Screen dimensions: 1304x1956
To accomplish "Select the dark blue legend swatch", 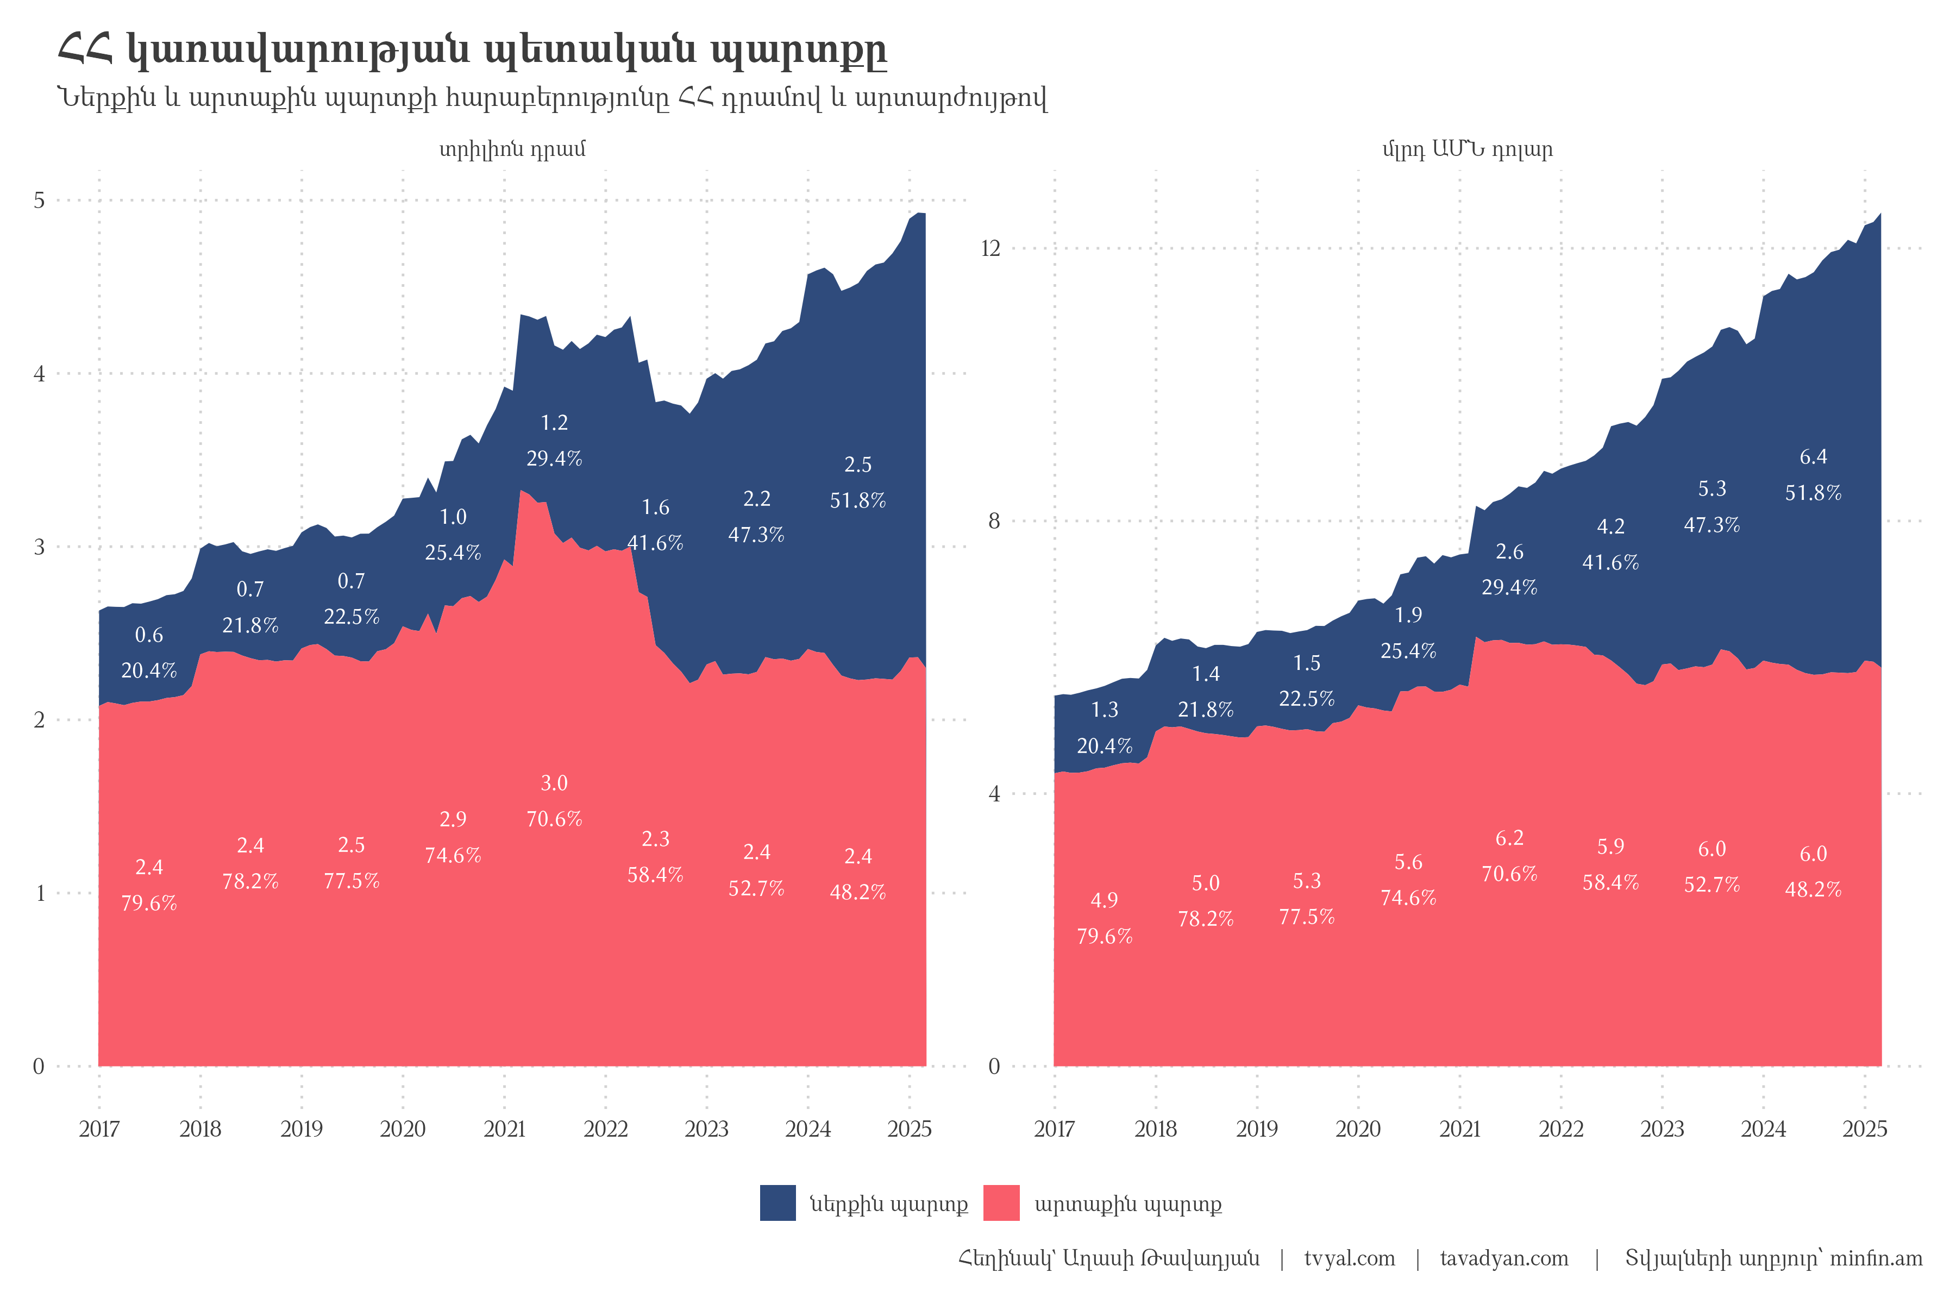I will pos(778,1203).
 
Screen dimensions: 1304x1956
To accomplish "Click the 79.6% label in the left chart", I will pos(149,903).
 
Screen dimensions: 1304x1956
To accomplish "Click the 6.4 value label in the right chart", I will pos(1813,456).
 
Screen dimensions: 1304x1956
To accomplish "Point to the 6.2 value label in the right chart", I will pos(1509,837).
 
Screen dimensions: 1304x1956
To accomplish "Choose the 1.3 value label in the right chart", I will pos(1105,710).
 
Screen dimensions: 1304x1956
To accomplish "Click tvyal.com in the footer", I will pos(1349,1258).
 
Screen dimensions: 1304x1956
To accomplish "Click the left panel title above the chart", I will pos(512,150).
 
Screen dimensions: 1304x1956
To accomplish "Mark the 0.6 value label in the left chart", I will pos(149,635).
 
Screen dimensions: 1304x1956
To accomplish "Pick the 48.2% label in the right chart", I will pos(1813,889).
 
